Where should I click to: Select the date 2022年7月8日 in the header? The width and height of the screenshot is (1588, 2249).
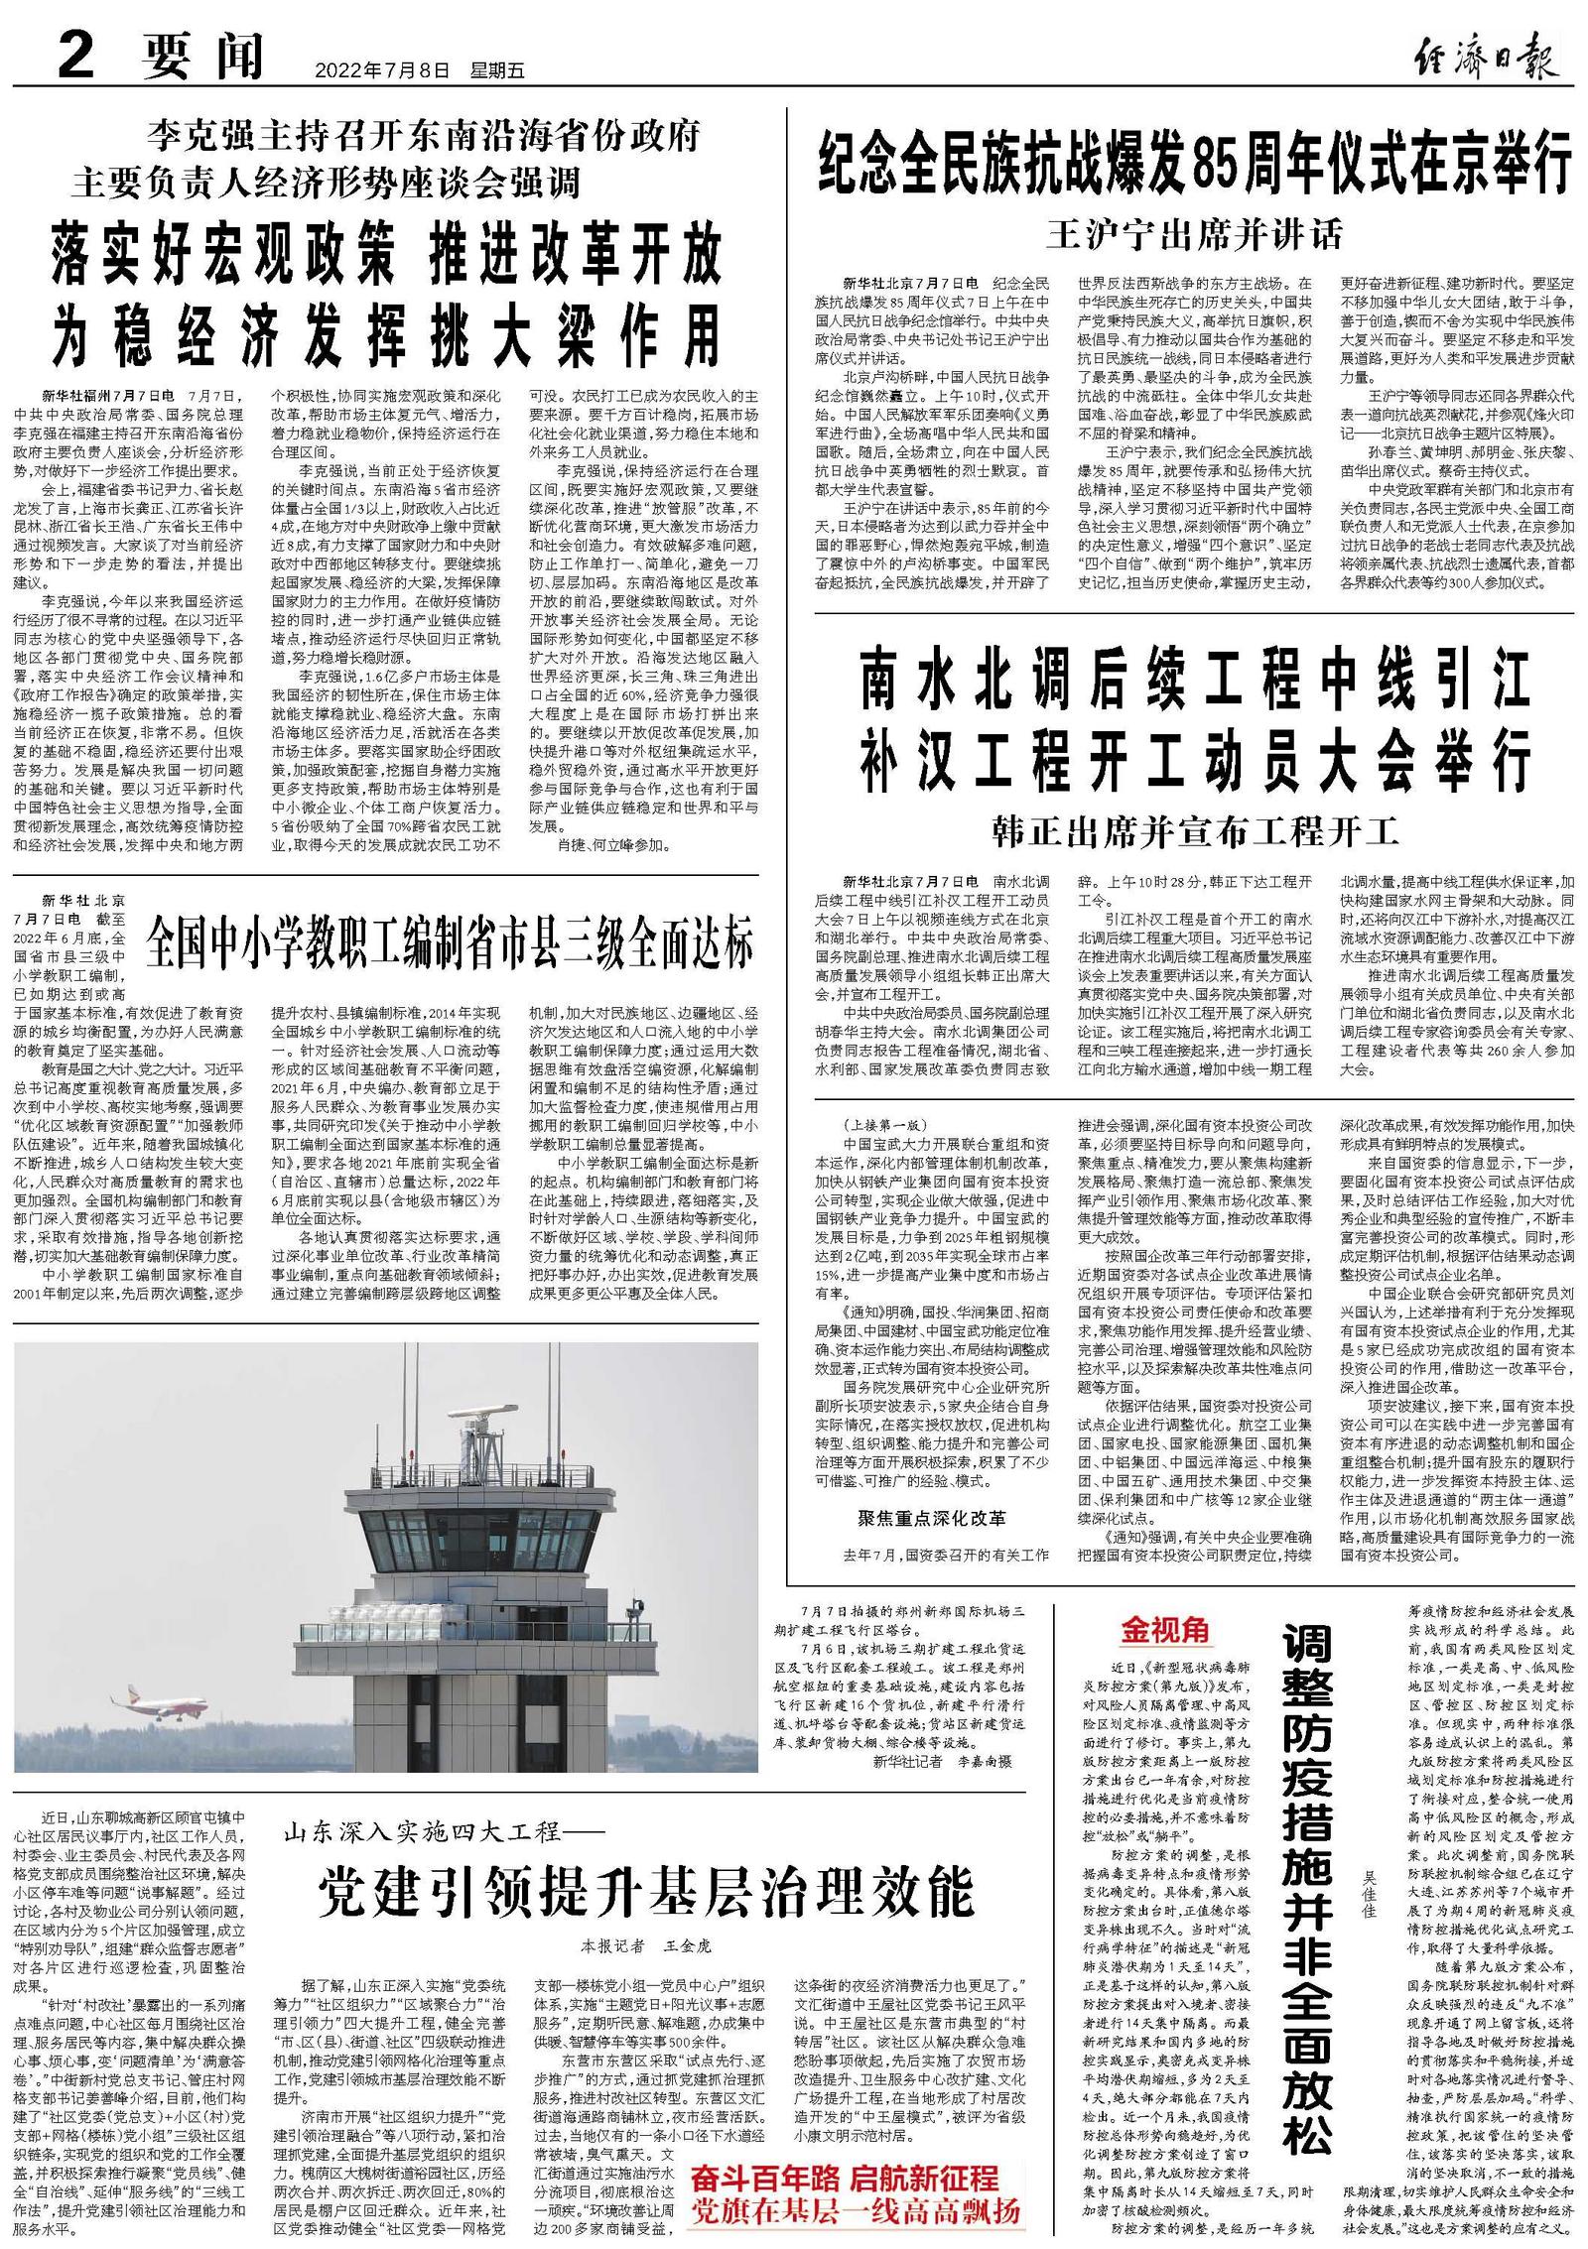(382, 70)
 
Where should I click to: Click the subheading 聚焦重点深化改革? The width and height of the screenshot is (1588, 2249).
(931, 1518)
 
